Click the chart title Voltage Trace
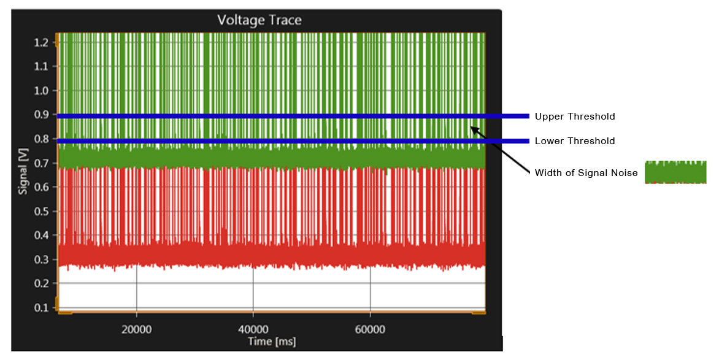click(x=260, y=20)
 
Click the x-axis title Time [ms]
click(x=272, y=341)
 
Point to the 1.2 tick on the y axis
click(x=41, y=42)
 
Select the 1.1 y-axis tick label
click(x=41, y=66)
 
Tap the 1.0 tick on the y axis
click(x=41, y=91)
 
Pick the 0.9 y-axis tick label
click(x=41, y=115)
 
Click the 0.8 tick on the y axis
click(x=41, y=139)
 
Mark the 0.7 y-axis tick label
click(x=41, y=163)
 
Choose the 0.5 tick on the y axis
click(x=41, y=211)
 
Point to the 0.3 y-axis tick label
click(x=41, y=259)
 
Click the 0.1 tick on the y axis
click(x=41, y=307)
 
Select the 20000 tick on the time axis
click(x=136, y=329)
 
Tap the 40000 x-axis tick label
click(x=253, y=329)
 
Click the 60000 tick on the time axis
click(x=370, y=329)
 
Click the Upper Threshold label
click(x=574, y=117)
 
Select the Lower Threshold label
click(x=574, y=141)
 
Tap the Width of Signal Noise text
click(x=586, y=173)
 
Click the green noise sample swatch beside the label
click(x=675, y=172)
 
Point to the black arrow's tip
click(x=471, y=126)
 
